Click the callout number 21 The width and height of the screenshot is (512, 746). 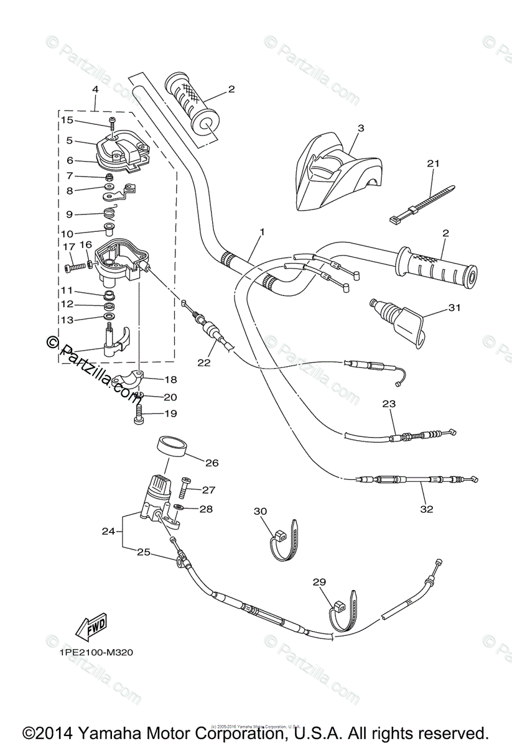pos(433,163)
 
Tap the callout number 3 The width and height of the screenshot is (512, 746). pos(361,128)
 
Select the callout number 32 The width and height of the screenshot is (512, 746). pos(426,509)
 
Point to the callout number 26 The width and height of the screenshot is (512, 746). pos(212,463)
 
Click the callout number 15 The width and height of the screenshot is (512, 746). pos(67,119)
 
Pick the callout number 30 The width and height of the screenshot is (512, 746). pos(260,511)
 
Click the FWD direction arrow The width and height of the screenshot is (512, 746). pos(91,627)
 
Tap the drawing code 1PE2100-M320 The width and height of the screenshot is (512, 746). pos(96,653)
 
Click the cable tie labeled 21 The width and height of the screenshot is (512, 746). pos(423,203)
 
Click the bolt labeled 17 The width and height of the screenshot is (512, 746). pos(74,268)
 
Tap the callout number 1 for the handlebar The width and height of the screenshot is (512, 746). pos(262,232)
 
